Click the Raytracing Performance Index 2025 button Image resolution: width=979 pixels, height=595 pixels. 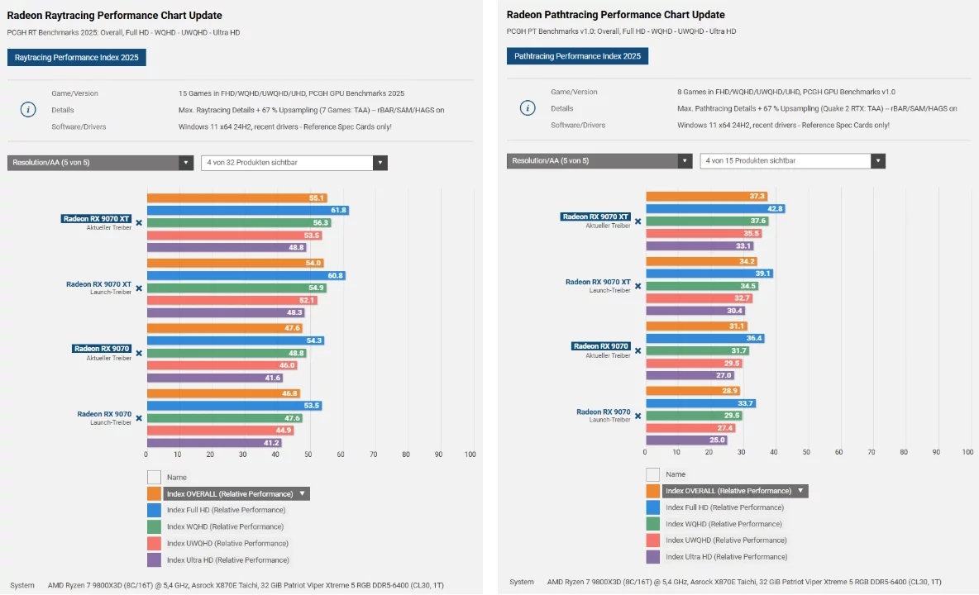(x=77, y=57)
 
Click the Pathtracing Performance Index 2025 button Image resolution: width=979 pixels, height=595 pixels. (x=577, y=56)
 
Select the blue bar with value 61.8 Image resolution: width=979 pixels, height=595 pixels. (x=247, y=211)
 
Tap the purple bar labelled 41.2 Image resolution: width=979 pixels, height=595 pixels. (x=214, y=443)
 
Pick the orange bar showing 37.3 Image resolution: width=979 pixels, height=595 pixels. (x=706, y=196)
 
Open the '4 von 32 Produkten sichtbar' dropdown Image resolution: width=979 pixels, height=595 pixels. (x=294, y=163)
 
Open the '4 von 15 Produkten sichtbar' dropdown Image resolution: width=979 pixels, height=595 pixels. (x=792, y=161)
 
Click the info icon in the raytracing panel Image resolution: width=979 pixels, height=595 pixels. (x=28, y=109)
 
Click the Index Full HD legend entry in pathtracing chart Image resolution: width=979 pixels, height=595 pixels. (x=724, y=507)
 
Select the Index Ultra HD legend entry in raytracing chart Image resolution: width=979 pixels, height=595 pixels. (x=227, y=559)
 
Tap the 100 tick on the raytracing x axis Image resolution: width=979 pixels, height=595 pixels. (x=470, y=455)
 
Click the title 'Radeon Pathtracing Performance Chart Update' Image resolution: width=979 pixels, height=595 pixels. (x=615, y=15)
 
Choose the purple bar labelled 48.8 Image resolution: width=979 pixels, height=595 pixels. (x=227, y=248)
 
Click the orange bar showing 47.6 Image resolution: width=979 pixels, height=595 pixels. (x=224, y=328)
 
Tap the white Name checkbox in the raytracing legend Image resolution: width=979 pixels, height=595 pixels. (x=154, y=477)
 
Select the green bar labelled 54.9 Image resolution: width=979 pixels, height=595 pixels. (x=236, y=288)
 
